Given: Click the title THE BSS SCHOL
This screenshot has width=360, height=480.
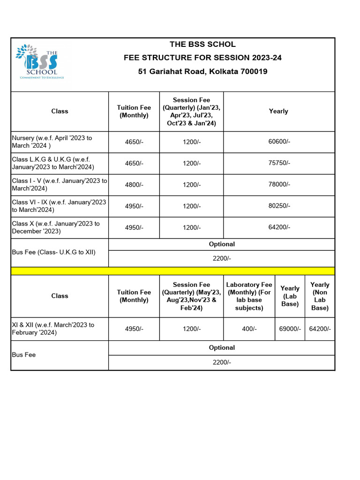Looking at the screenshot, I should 202,45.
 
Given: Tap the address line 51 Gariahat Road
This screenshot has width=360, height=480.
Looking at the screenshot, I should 202,72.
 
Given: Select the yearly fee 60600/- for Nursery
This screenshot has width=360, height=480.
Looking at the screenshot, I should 279,142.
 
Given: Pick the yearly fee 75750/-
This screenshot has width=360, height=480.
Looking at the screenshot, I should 279,163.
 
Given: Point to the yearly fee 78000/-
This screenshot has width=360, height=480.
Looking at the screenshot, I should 279,185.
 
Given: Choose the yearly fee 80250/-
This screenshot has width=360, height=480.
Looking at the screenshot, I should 279,206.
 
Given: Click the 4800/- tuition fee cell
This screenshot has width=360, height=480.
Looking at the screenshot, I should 134,185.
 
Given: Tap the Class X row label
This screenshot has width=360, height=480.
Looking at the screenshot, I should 56,227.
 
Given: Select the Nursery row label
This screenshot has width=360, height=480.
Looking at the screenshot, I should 52,142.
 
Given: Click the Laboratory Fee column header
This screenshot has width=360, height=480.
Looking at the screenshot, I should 249,296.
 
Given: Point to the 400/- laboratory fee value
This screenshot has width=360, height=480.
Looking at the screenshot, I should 249,329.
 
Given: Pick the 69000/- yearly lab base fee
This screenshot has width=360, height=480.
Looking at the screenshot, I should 290,329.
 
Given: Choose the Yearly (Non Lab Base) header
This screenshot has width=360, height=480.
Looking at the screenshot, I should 320,296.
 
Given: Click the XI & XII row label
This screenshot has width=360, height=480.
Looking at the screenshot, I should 53,329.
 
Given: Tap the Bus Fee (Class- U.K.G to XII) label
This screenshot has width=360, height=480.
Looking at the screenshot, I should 53,252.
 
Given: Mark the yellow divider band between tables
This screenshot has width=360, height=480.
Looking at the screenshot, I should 172,271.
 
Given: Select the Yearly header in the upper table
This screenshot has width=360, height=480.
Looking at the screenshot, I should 278,111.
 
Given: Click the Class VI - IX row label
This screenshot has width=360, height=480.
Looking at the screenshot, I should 59,206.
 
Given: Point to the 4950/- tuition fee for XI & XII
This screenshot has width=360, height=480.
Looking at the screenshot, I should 134,329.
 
